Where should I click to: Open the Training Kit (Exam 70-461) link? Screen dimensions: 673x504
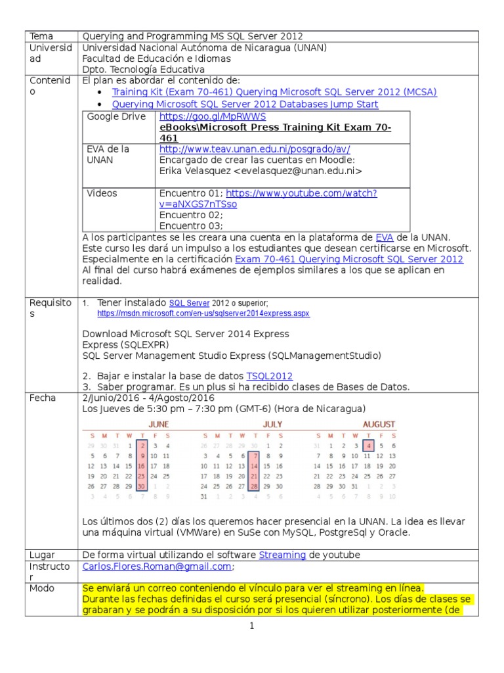click(x=274, y=92)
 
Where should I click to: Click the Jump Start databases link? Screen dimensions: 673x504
click(x=245, y=104)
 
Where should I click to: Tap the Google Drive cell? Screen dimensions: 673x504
click(x=115, y=116)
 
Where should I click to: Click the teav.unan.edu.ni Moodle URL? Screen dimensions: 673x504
click(x=255, y=149)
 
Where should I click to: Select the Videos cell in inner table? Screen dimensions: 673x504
click(x=102, y=193)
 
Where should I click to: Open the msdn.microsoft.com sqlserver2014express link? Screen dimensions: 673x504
click(x=196, y=314)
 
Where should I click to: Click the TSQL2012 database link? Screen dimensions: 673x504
click(x=269, y=376)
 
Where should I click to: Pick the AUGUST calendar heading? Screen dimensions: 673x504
click(x=379, y=424)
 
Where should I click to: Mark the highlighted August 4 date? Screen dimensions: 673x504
click(x=369, y=446)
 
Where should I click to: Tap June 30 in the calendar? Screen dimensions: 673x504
click(x=142, y=486)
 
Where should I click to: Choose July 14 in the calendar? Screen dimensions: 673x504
click(x=255, y=466)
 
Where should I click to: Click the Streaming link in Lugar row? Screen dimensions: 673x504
click(x=282, y=555)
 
